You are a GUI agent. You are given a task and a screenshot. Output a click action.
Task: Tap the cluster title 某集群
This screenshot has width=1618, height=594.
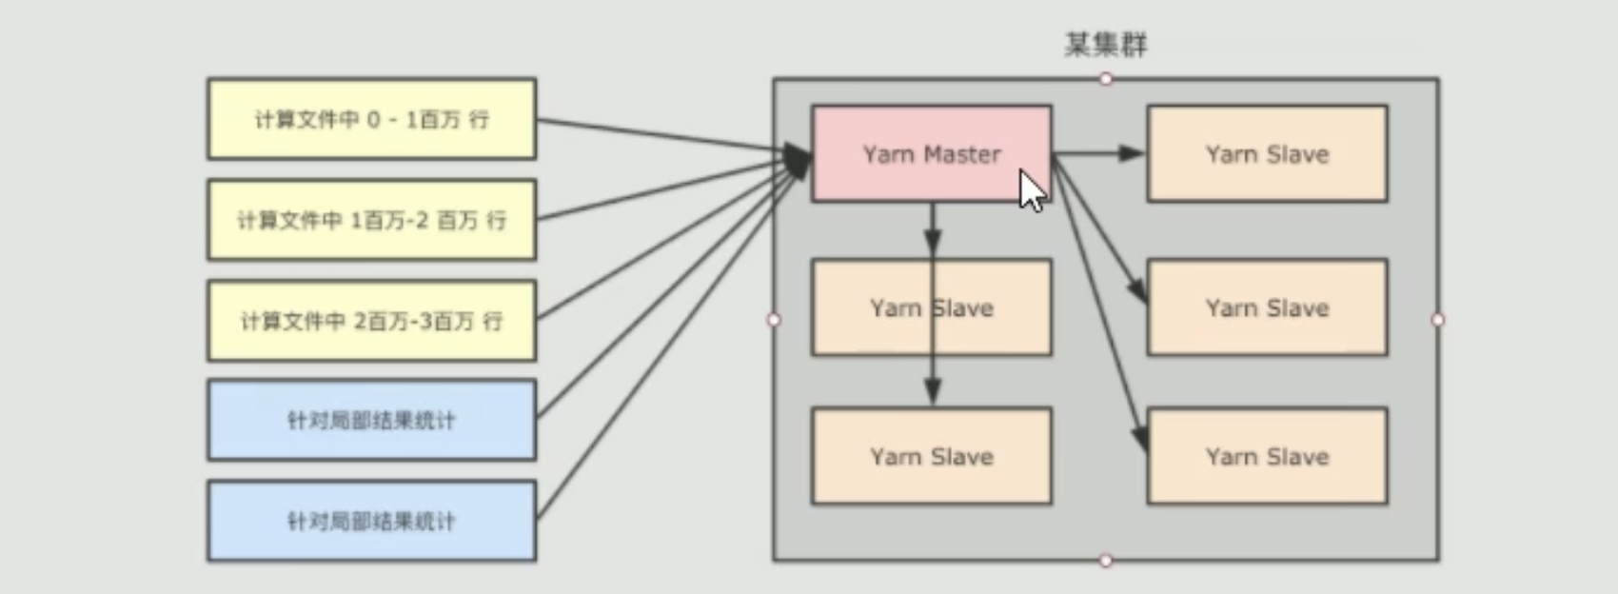(x=1105, y=45)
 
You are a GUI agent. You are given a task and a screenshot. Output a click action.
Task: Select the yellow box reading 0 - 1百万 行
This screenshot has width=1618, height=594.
(x=371, y=119)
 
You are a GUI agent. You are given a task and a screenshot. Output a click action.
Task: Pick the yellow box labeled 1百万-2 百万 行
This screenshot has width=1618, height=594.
(x=371, y=220)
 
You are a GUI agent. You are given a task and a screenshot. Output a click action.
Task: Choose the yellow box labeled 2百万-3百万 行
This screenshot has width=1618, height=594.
(x=371, y=321)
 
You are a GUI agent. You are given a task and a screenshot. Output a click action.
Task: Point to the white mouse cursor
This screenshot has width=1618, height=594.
(x=1031, y=190)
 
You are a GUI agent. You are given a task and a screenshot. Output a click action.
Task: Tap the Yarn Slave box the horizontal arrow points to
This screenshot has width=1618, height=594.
(x=1267, y=154)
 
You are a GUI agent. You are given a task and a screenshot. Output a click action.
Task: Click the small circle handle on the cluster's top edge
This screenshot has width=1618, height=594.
(x=1106, y=79)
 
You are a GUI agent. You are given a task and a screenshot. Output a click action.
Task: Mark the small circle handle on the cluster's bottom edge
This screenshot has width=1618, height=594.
(x=1106, y=561)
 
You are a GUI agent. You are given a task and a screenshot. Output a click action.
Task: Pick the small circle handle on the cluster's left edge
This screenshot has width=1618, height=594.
(x=774, y=320)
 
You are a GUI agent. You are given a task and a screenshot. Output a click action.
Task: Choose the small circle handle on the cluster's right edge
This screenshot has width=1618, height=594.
(x=1438, y=320)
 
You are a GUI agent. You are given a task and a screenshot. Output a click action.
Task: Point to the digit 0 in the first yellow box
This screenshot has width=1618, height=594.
(x=372, y=119)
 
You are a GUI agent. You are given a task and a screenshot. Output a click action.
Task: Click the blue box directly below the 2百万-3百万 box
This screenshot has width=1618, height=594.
(x=371, y=420)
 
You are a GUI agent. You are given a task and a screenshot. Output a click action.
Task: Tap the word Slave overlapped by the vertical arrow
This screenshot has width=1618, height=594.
(x=961, y=308)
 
